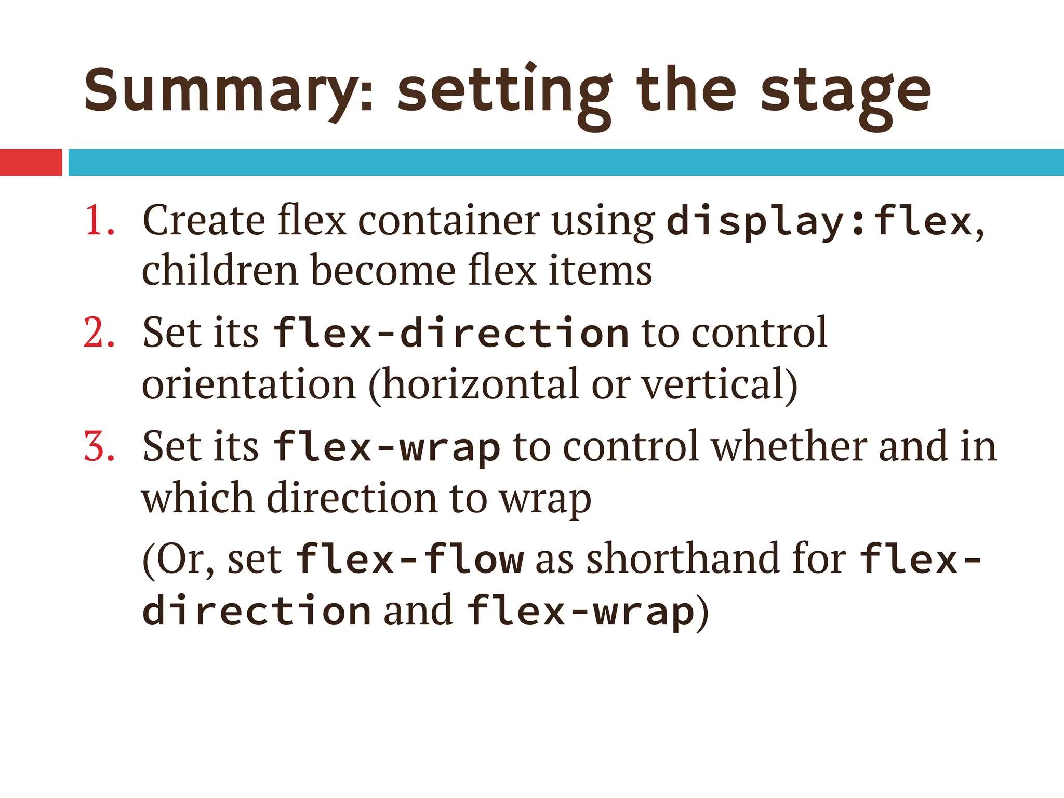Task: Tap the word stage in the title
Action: coord(846,94)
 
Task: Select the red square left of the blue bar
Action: coord(31,162)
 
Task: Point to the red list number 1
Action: coord(99,220)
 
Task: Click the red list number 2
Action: coord(99,332)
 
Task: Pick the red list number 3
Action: coord(99,446)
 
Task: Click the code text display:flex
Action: coord(819,221)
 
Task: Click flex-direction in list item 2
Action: coord(451,332)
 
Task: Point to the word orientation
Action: coord(248,384)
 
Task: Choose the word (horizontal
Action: coord(473,384)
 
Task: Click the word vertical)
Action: coord(720,384)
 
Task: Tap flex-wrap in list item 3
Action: coord(387,447)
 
